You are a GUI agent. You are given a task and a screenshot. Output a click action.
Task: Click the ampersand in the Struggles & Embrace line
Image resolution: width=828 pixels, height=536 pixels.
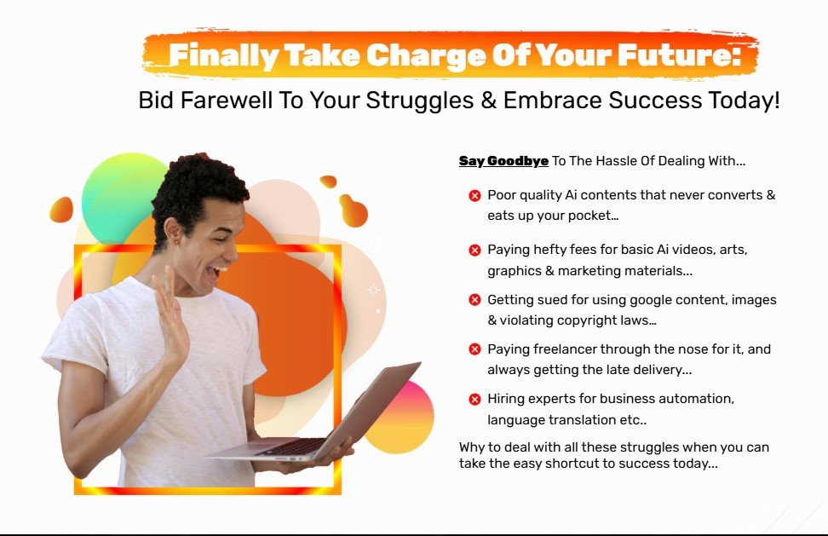pyautogui.click(x=488, y=101)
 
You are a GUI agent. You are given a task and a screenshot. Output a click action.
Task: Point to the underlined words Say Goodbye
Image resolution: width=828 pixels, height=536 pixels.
pyautogui.click(x=503, y=161)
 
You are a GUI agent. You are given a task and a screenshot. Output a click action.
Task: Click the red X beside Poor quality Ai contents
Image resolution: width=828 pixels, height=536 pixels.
pyautogui.click(x=474, y=196)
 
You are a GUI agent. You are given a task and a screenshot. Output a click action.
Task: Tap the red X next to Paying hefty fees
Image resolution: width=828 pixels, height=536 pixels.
pyautogui.click(x=474, y=250)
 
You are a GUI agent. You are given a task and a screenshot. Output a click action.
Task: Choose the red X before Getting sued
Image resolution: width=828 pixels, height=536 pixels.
pyautogui.click(x=474, y=300)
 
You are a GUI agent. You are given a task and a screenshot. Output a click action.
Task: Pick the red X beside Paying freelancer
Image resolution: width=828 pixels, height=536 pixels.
pyautogui.click(x=474, y=349)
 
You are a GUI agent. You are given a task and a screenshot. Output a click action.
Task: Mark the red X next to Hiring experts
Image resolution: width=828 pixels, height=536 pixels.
pyautogui.click(x=474, y=399)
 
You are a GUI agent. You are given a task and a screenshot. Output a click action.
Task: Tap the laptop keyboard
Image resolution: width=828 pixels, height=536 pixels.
pyautogui.click(x=293, y=447)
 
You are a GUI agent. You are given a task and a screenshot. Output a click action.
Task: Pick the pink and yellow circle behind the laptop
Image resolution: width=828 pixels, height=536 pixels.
pyautogui.click(x=401, y=418)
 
